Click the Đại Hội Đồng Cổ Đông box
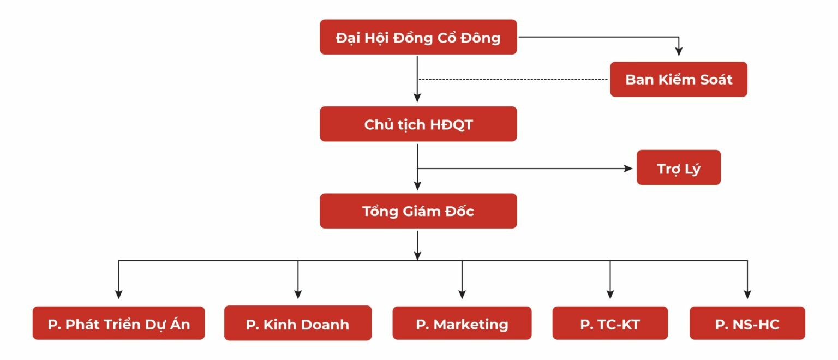click(x=418, y=37)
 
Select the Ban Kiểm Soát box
click(x=678, y=80)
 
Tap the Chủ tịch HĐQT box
click(x=418, y=124)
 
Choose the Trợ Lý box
click(x=678, y=168)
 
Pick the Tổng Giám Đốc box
click(x=418, y=211)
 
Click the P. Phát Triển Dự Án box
click(x=118, y=324)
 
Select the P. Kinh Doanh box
click(x=297, y=324)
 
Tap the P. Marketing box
click(x=462, y=324)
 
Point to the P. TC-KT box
click(x=609, y=324)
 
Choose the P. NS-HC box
click(x=747, y=324)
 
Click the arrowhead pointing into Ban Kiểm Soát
click(x=679, y=52)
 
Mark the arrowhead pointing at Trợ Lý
click(x=628, y=169)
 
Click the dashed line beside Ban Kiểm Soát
click(x=513, y=80)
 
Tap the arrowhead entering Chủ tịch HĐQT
click(x=417, y=98)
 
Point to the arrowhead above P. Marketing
click(x=462, y=295)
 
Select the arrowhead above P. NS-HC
click(x=747, y=295)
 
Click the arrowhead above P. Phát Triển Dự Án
click(x=118, y=295)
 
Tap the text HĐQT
click(x=451, y=124)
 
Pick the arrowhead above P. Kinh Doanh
click(x=298, y=295)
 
